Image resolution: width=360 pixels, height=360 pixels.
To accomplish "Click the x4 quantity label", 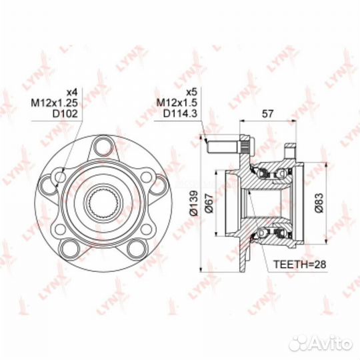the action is [x=72, y=92].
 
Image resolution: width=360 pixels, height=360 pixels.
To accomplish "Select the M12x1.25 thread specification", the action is [x=54, y=103].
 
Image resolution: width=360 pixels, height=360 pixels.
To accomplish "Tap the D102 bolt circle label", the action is [x=65, y=113].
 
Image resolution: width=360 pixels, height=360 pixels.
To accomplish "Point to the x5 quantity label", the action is [x=192, y=92].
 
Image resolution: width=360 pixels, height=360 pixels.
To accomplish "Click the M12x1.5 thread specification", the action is [x=177, y=103].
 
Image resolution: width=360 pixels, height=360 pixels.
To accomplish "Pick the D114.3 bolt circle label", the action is [x=180, y=113].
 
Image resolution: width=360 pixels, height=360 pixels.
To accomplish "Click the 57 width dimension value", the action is [x=268, y=113].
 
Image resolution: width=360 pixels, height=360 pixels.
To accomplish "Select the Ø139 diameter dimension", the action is [x=193, y=203].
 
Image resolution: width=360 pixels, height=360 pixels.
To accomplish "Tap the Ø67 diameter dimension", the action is [x=209, y=203].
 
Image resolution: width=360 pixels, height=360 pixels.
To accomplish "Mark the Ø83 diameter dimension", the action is [x=319, y=203].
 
